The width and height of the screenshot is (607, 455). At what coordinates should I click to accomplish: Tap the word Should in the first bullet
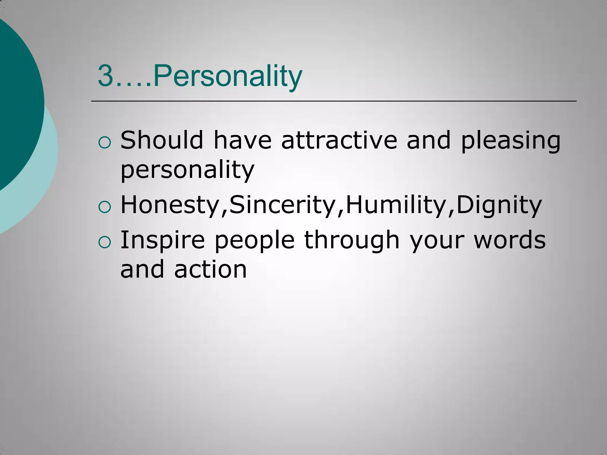162,140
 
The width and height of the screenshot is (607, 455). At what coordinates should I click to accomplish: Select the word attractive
339,140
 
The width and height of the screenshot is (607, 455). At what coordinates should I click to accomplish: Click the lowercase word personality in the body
187,170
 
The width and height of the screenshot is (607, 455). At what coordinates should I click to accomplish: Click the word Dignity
499,205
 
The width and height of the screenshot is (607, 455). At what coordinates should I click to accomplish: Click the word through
352,240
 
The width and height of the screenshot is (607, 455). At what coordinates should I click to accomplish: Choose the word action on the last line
210,269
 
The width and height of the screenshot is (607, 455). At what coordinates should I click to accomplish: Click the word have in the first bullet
242,140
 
